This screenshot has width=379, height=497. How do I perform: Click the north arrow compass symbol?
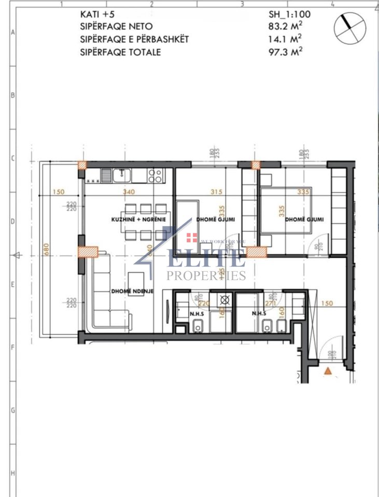tap(350, 27)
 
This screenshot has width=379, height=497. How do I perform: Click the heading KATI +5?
tap(95, 15)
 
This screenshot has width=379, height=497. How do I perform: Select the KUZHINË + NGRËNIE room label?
tap(138, 219)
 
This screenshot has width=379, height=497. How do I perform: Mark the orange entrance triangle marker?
tap(328, 371)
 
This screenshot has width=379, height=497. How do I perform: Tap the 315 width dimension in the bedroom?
tap(208, 192)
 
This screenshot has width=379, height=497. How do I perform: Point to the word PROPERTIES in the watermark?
tap(205, 276)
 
